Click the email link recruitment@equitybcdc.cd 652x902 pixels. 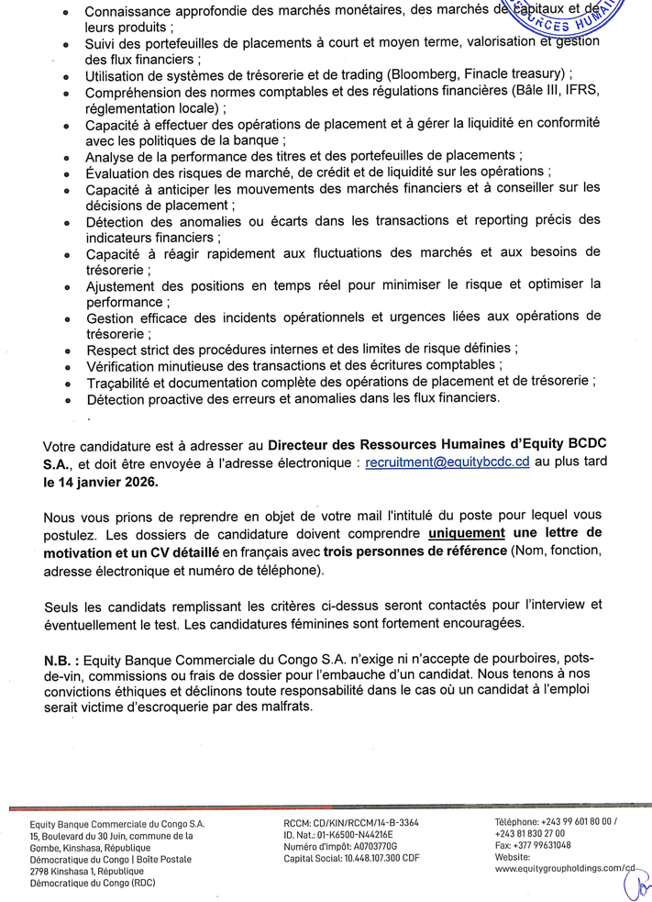pyautogui.click(x=448, y=465)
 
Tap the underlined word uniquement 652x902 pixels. pyautogui.click(x=468, y=532)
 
